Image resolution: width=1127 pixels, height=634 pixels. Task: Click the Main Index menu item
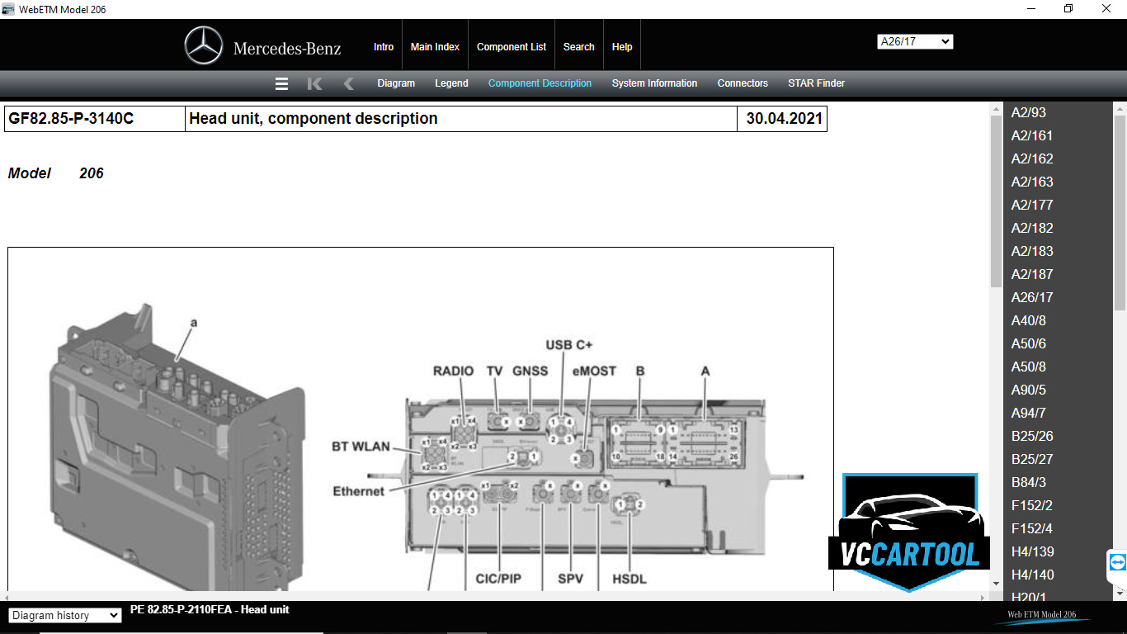click(x=435, y=47)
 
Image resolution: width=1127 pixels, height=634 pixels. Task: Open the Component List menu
click(x=512, y=47)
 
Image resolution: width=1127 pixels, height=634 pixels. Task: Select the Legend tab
click(x=451, y=83)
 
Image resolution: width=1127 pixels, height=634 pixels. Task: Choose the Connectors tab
click(x=743, y=83)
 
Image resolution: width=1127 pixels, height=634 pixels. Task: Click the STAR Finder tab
click(x=816, y=83)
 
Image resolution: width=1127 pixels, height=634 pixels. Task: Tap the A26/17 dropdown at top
click(x=915, y=41)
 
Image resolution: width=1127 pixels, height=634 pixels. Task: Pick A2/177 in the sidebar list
click(x=1032, y=205)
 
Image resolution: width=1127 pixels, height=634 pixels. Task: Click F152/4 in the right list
click(x=1032, y=528)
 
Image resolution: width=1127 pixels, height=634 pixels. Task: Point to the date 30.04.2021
click(x=784, y=119)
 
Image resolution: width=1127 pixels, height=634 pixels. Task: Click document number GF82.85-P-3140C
click(x=71, y=119)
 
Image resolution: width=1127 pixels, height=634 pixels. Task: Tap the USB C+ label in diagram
click(x=568, y=344)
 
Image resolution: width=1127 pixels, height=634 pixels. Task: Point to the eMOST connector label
click(x=594, y=371)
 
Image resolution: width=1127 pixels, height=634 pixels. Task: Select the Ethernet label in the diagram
click(x=358, y=491)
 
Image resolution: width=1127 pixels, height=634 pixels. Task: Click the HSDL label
click(x=630, y=579)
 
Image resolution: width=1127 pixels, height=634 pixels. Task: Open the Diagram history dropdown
click(x=65, y=615)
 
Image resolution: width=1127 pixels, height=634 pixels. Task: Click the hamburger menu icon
click(x=281, y=83)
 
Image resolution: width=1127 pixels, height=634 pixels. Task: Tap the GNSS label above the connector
click(x=530, y=371)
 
